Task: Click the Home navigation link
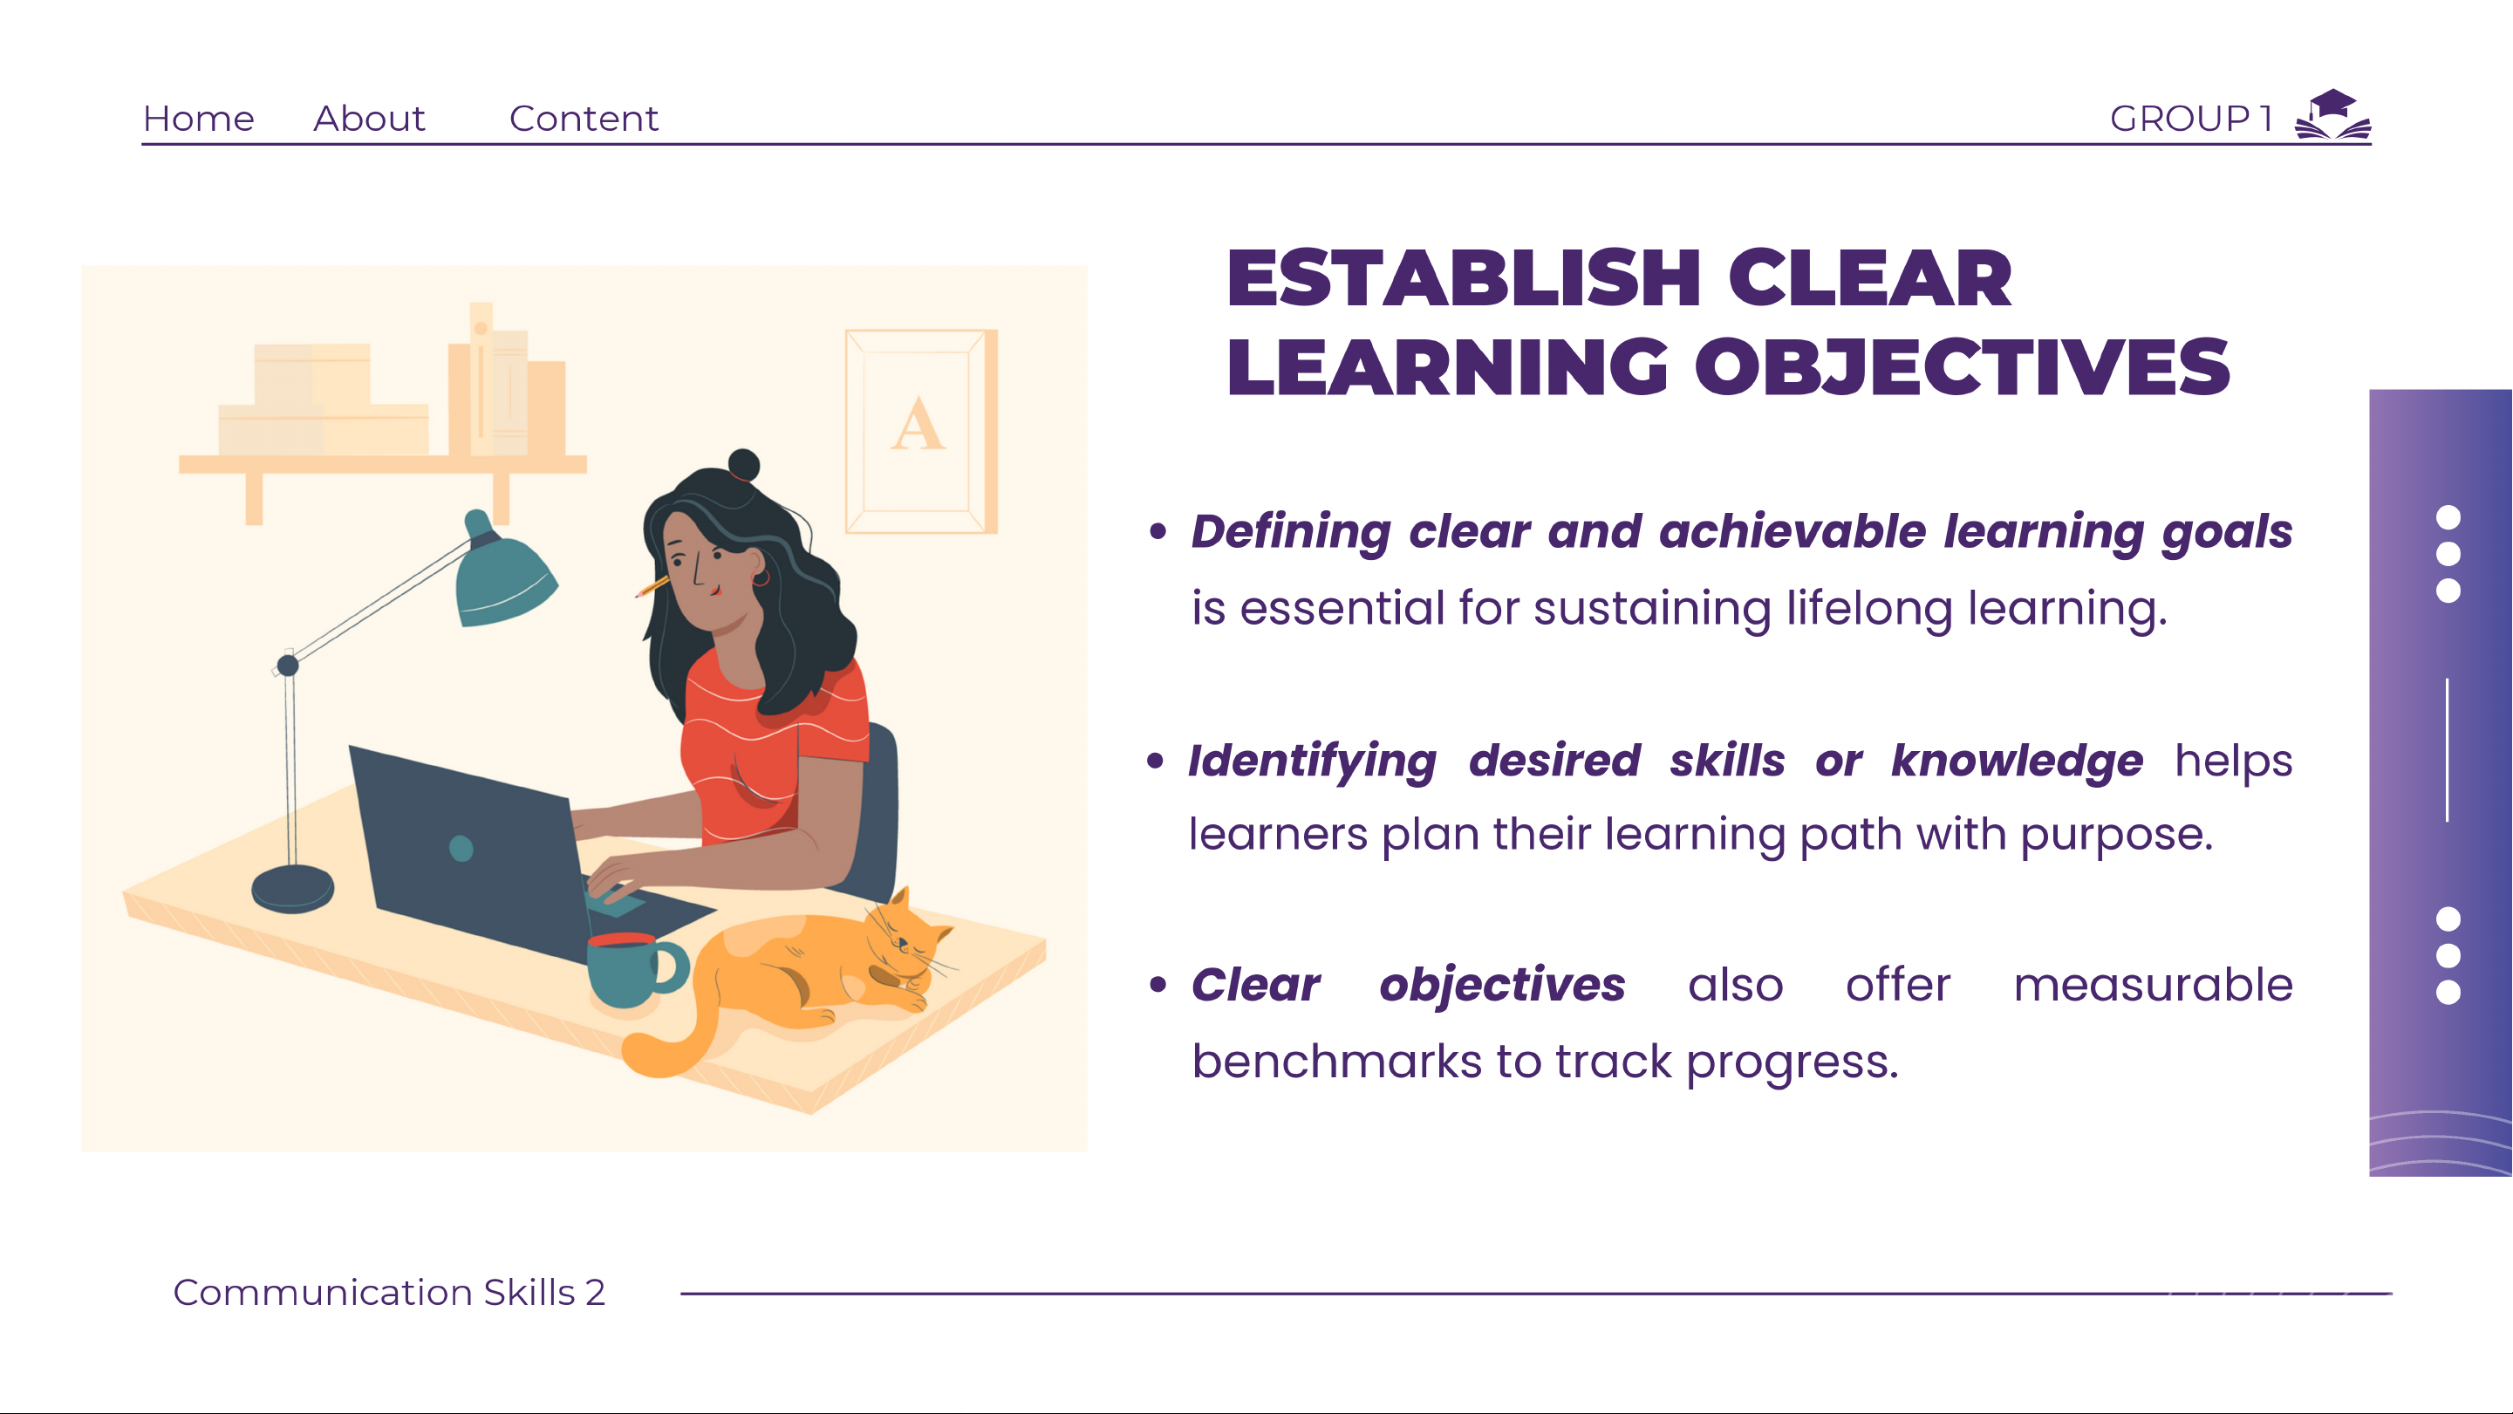(x=199, y=118)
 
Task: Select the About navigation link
(x=370, y=118)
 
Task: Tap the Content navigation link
(x=584, y=118)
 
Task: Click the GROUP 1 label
(x=2191, y=118)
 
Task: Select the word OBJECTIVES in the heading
(x=1962, y=367)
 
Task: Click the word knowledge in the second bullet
(x=2017, y=762)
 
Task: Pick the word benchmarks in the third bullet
(x=1336, y=1061)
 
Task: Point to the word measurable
(x=2153, y=985)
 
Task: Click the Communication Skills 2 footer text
(x=389, y=1292)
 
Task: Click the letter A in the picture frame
(x=918, y=425)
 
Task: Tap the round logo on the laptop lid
(x=461, y=848)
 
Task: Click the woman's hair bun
(x=744, y=465)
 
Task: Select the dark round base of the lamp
(x=293, y=889)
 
